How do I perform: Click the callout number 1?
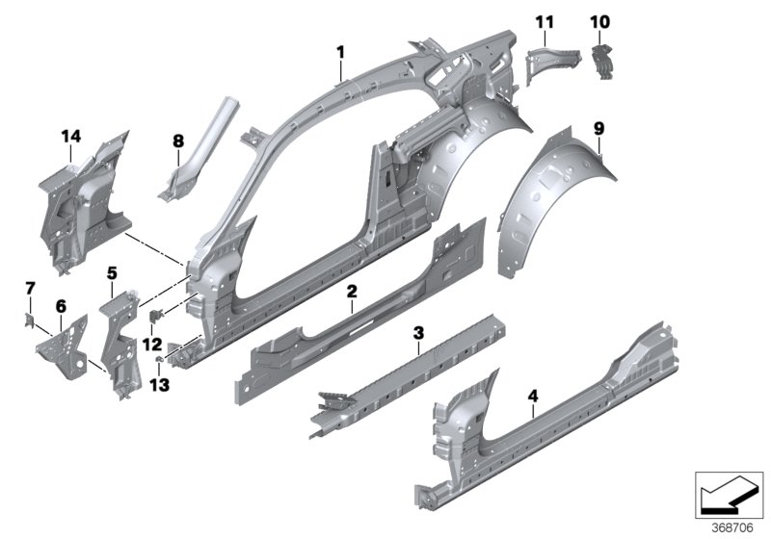coord(339,49)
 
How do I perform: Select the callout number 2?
coord(353,290)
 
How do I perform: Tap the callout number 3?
coord(417,333)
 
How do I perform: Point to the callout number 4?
coord(533,395)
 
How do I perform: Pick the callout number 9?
coord(598,127)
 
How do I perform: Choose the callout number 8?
coord(177,141)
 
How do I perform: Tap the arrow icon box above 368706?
coord(729,493)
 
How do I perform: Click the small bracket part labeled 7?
coord(30,314)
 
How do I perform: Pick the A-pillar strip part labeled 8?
coord(193,144)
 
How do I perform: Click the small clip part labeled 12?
coord(157,314)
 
